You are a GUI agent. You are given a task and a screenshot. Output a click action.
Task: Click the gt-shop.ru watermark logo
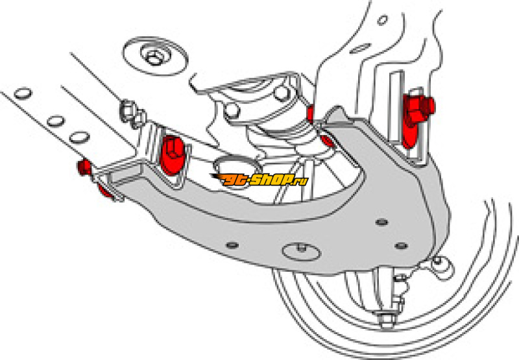(x=259, y=179)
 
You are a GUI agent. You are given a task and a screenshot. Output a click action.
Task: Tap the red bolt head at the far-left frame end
(x=84, y=168)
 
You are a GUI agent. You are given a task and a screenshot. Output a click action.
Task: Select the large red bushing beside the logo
(x=172, y=154)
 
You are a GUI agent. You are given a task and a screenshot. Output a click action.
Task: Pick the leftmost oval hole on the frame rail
(x=23, y=93)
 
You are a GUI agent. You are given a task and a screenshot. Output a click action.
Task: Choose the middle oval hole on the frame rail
(x=55, y=121)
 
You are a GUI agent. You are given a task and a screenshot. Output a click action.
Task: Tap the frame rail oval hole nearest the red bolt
(x=80, y=137)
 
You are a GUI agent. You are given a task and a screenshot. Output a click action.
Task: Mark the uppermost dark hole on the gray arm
(x=381, y=222)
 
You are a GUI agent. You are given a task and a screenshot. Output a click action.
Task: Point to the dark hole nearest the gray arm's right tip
(x=401, y=246)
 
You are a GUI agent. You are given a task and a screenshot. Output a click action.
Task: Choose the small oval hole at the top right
(x=382, y=21)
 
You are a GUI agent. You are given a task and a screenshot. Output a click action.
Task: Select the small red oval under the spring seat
(x=328, y=140)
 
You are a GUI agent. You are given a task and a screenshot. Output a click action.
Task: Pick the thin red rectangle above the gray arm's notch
(x=310, y=114)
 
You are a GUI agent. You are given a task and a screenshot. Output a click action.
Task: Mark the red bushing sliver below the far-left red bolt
(x=105, y=192)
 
